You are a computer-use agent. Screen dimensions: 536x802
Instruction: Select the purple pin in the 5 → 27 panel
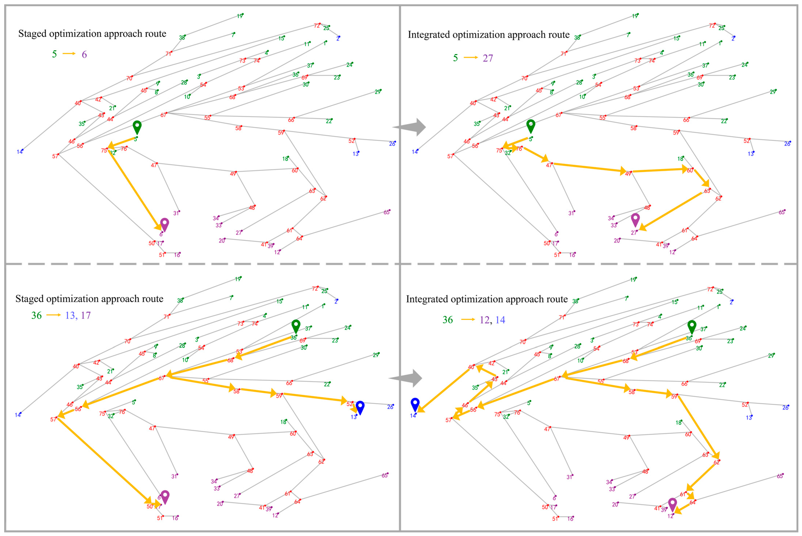[635, 219]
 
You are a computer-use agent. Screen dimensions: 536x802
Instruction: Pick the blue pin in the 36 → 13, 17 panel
[360, 407]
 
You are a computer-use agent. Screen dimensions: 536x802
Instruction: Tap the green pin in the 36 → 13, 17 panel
[296, 326]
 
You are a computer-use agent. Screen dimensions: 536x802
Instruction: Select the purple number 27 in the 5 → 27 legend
[488, 58]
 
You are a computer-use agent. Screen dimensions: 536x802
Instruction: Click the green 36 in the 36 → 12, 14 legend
[447, 320]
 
